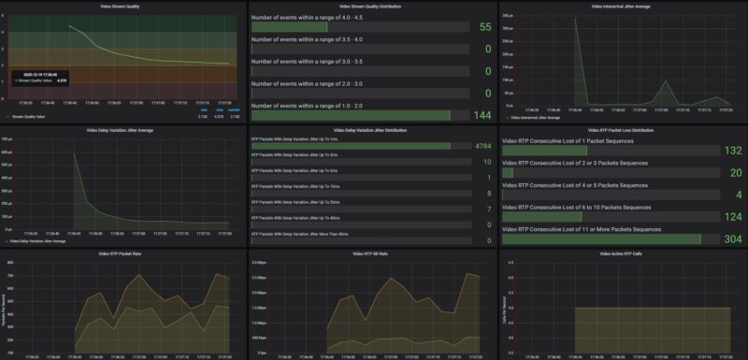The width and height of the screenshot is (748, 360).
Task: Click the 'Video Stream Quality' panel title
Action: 123,5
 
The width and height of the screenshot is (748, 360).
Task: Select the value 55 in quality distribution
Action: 484,27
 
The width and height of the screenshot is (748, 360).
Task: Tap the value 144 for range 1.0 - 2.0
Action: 481,115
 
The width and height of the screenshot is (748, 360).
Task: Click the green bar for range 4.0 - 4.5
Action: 290,27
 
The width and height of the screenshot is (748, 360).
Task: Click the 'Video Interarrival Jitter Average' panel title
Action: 623,5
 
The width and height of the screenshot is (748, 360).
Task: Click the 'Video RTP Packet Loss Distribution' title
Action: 623,130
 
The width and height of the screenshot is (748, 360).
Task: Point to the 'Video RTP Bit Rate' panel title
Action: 373,254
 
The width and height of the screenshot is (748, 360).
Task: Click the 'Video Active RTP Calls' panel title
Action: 623,254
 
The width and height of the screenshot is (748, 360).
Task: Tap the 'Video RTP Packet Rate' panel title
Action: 123,254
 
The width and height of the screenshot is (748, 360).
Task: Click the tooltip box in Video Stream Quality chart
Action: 41,78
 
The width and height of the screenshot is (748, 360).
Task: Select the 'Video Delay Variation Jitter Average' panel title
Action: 123,130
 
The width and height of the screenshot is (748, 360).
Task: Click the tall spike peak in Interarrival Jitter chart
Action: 577,19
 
